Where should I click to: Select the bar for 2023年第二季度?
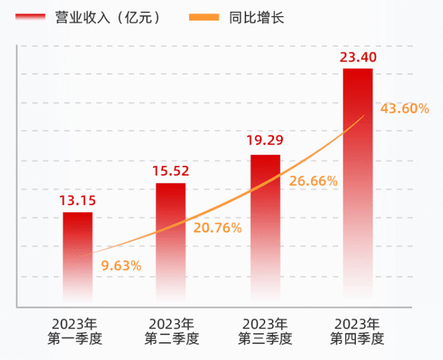[171, 242]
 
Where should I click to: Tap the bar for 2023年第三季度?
[265, 228]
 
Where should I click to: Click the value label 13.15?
[77, 200]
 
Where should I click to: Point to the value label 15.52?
[171, 171]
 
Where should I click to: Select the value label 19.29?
[265, 141]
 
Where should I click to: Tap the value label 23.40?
[358, 57]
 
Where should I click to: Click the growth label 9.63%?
[121, 265]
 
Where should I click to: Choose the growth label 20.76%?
[218, 228]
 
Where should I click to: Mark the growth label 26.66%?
[314, 181]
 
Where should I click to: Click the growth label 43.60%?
[405, 109]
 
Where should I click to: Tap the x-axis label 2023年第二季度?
[171, 332]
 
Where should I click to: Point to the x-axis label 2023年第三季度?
[265, 332]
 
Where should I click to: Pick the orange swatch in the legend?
[204, 18]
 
